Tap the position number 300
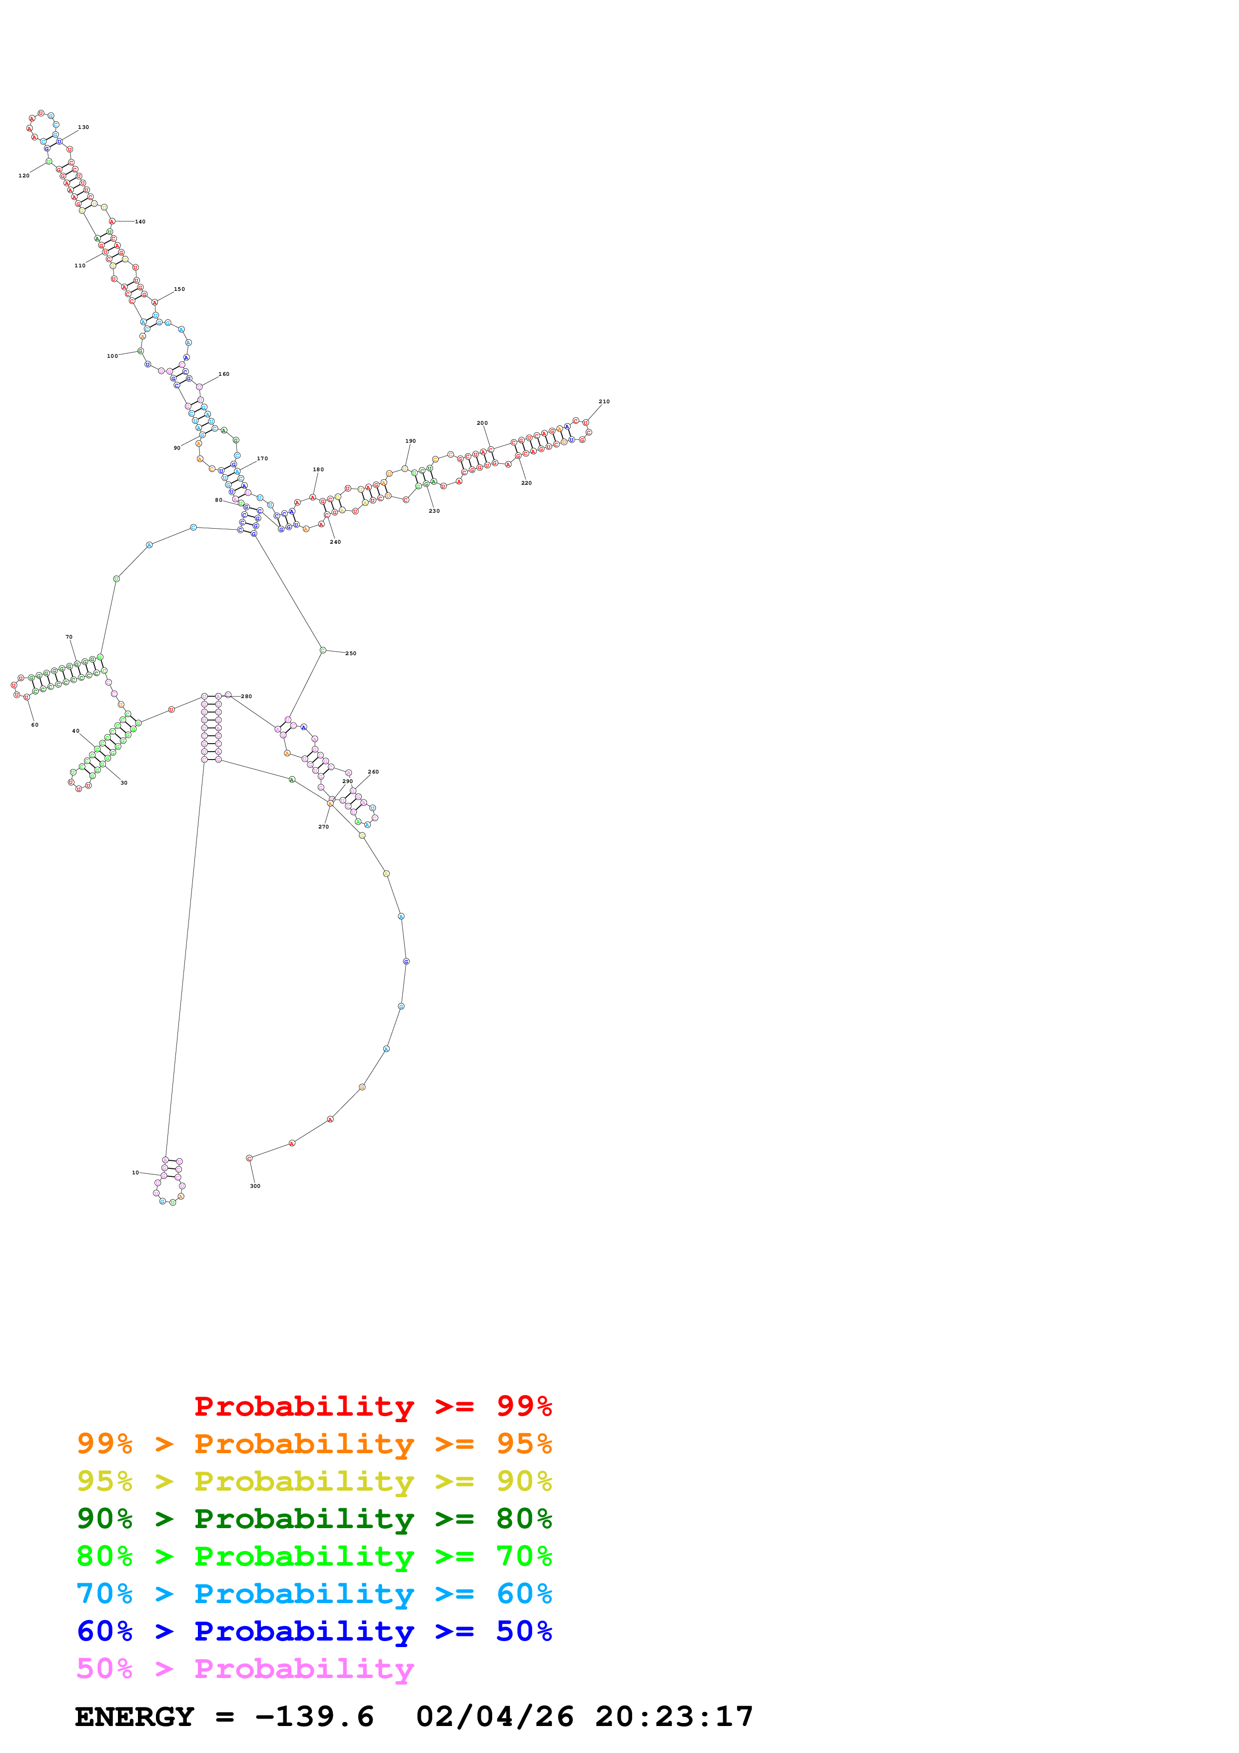[x=255, y=1186]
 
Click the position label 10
[x=135, y=1172]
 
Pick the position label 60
[x=34, y=725]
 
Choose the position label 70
[x=68, y=637]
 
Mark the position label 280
[x=246, y=696]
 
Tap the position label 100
[x=112, y=356]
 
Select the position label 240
[x=335, y=542]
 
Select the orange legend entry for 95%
[x=314, y=1444]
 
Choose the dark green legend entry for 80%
[x=314, y=1519]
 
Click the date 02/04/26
[x=495, y=1717]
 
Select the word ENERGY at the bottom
[x=134, y=1717]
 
